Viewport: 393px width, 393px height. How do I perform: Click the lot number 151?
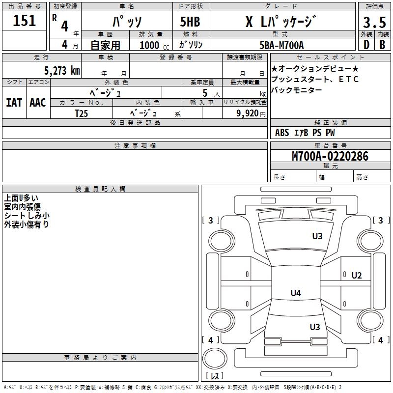[25, 21]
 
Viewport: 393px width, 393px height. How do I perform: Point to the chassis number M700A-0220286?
[330, 156]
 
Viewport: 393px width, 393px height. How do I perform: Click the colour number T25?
[82, 113]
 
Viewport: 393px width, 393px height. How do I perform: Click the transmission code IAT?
[14, 102]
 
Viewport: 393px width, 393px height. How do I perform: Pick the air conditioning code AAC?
[38, 102]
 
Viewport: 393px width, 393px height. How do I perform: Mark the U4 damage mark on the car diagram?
[295, 293]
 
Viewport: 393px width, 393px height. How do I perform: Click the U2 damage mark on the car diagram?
[357, 275]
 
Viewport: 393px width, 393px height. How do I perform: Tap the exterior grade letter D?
[366, 45]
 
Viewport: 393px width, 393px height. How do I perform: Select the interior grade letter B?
[382, 45]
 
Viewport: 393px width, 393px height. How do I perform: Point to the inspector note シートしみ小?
[27, 216]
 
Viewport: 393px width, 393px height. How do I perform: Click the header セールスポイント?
[318, 57]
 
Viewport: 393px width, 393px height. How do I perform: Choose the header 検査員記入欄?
[100, 189]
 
